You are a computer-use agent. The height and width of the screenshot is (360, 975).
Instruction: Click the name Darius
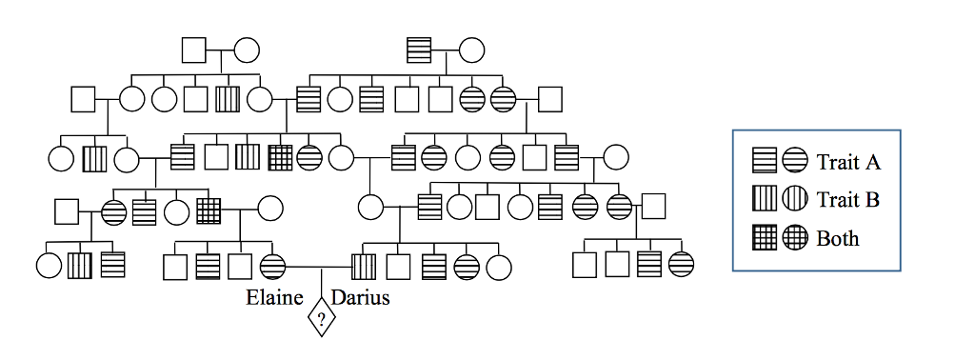pyautogui.click(x=360, y=297)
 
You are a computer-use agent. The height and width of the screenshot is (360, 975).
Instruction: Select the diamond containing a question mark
pyautogui.click(x=321, y=318)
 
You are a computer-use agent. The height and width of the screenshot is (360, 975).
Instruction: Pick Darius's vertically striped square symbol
pyautogui.click(x=364, y=266)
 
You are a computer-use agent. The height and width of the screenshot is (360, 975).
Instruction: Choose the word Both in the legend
pyautogui.click(x=838, y=237)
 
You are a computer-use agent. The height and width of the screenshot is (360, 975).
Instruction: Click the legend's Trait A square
pyautogui.click(x=765, y=161)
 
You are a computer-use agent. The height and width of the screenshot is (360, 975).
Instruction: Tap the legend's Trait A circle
pyautogui.click(x=794, y=161)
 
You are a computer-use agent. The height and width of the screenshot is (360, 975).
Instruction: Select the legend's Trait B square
pyautogui.click(x=765, y=199)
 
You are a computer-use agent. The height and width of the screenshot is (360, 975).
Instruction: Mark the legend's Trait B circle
pyautogui.click(x=794, y=199)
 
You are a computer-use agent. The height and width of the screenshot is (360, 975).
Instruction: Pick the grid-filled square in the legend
pyautogui.click(x=765, y=237)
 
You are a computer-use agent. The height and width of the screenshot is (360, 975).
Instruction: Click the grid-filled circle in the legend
pyautogui.click(x=794, y=237)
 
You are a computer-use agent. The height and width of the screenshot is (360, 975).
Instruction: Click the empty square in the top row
pyautogui.click(x=194, y=49)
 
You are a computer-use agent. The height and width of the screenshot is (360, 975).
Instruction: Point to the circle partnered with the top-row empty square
pyautogui.click(x=248, y=49)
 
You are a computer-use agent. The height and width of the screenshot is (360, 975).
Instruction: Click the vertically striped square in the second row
pyautogui.click(x=227, y=98)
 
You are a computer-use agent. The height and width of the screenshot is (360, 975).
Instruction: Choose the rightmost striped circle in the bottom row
pyautogui.click(x=681, y=265)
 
